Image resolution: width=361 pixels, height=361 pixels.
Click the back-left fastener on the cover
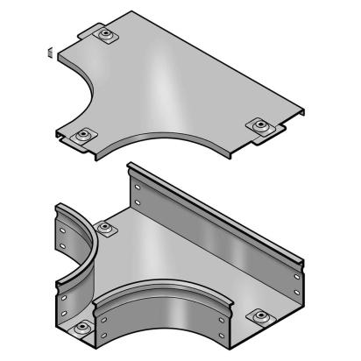[x=106, y=36]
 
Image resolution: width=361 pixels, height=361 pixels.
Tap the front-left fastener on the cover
[x=83, y=135]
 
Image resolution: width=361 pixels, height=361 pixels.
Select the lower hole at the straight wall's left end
[x=138, y=204]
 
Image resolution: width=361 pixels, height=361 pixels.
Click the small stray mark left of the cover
[x=50, y=51]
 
